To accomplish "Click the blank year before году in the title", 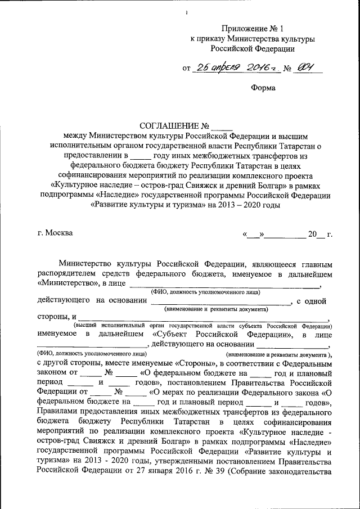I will click(x=141, y=155).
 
